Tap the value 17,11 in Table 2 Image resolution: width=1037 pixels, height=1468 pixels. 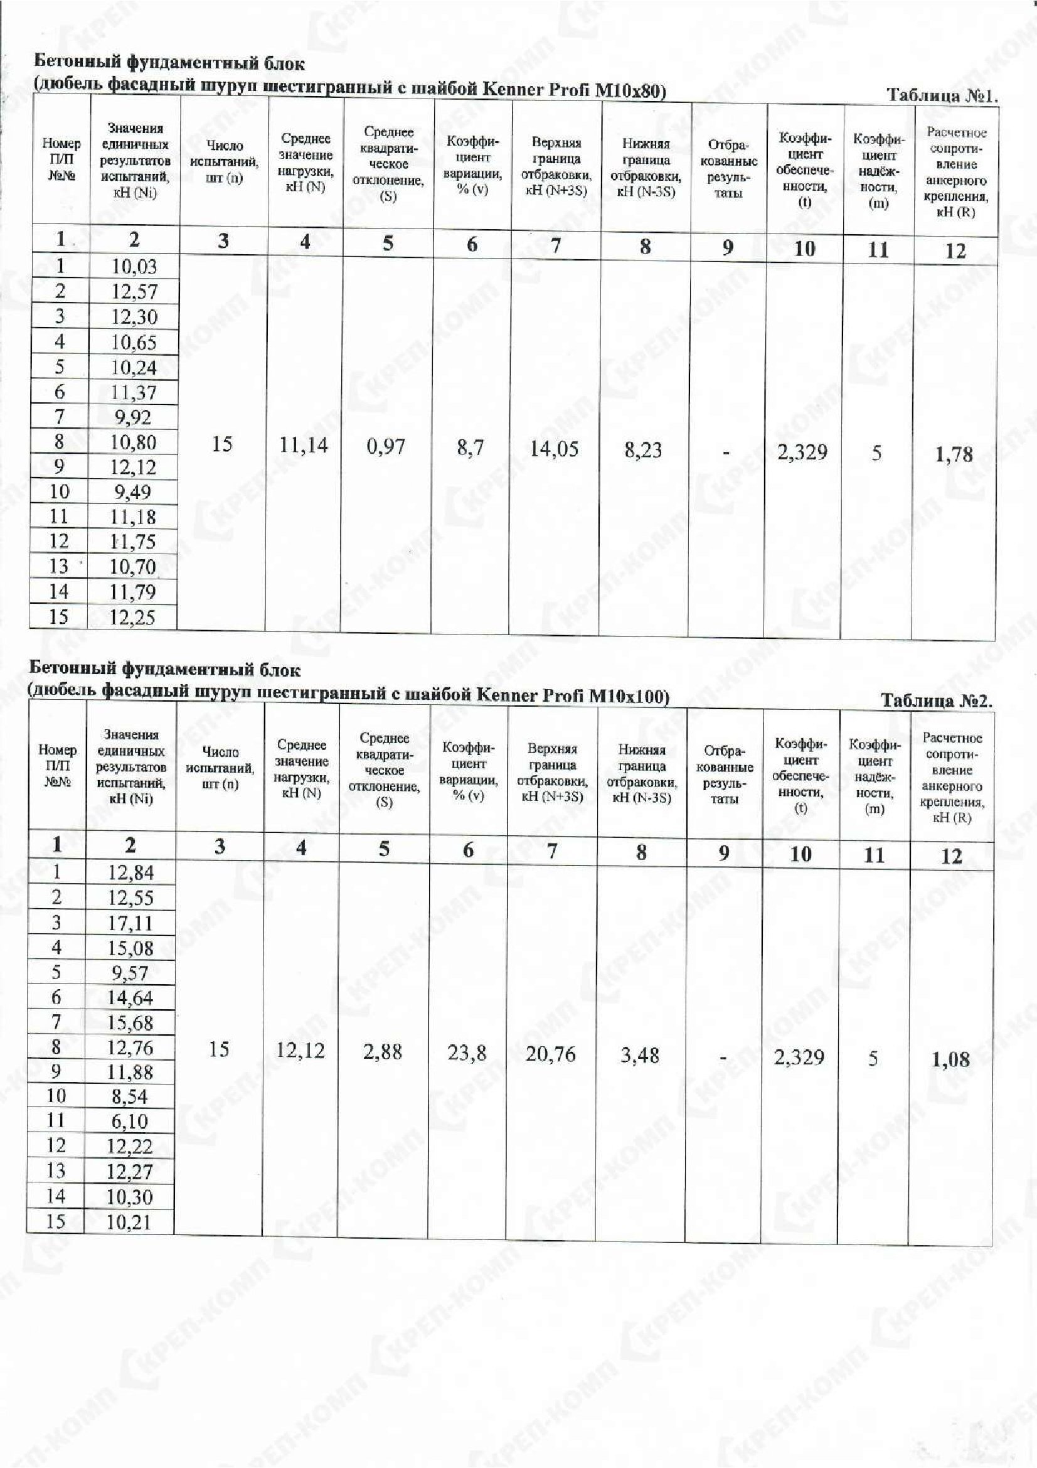pos(130,923)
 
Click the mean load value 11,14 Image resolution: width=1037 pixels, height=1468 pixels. pos(304,444)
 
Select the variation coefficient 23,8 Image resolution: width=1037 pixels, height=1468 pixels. pos(467,1053)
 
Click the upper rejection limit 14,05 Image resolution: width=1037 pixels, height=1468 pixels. pos(554,448)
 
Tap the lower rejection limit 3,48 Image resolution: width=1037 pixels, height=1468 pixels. pos(640,1055)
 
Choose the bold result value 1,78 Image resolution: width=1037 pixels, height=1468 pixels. pos(954,454)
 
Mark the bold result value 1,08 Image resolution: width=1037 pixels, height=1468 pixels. pos(950,1059)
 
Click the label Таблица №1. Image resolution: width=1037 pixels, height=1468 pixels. pos(941,96)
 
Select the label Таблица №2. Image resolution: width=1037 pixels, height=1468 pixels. pos(937,701)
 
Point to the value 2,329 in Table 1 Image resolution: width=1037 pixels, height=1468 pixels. pos(802,452)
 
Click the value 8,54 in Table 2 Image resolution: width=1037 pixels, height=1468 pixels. pos(130,1096)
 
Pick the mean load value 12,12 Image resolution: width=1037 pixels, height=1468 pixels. pos(300,1050)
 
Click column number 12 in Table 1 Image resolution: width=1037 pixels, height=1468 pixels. pos(955,250)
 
